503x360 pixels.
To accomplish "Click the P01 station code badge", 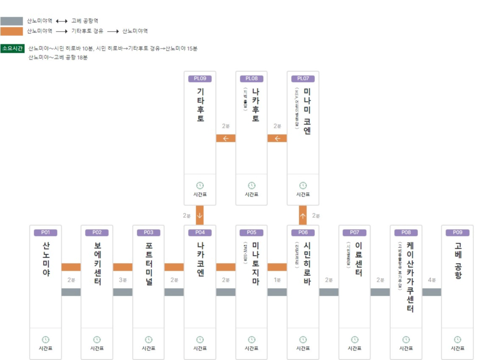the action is click(45, 233).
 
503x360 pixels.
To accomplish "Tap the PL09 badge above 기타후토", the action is click(200, 79).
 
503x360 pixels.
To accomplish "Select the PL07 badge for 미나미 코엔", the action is click(303, 79).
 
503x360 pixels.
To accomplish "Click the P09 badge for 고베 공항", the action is click(457, 233).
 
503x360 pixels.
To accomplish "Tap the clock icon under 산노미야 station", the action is click(45, 339).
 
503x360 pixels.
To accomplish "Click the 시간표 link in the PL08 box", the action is click(251, 194).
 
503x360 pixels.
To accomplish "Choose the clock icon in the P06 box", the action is click(303, 339).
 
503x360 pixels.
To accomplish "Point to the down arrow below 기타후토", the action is click(200, 215).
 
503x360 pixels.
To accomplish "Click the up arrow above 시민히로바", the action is click(303, 215).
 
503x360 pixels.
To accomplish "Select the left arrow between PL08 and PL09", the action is click(226, 138).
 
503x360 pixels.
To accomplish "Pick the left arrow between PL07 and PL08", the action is click(277, 138).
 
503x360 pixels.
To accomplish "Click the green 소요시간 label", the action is click(13, 48).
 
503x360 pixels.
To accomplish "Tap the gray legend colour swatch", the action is click(12, 21).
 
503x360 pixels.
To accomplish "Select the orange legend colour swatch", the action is click(12, 31).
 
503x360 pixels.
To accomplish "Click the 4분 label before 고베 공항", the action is click(432, 280).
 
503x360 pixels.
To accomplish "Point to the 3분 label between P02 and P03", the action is click(123, 280).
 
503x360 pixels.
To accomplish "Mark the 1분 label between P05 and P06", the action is click(277, 280).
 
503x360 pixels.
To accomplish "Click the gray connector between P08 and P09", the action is click(432, 292).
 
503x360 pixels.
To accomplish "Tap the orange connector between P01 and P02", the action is click(71, 267).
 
